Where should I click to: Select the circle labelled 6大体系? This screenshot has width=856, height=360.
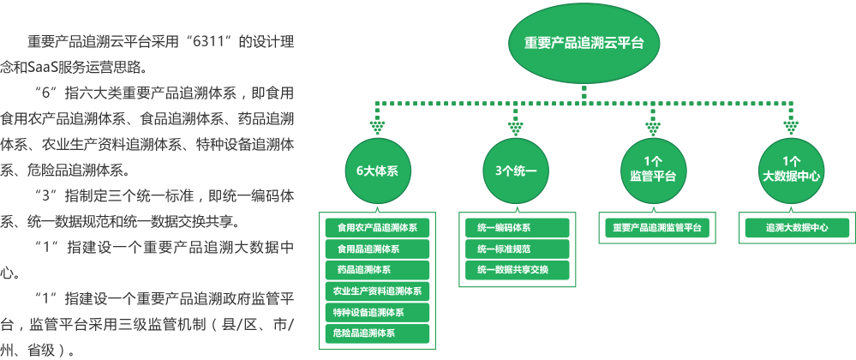pyautogui.click(x=377, y=171)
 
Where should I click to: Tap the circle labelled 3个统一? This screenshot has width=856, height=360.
pyautogui.click(x=515, y=171)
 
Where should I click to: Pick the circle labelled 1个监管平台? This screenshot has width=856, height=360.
pyautogui.click(x=653, y=171)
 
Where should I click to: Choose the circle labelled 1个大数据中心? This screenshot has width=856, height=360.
pyautogui.click(x=791, y=171)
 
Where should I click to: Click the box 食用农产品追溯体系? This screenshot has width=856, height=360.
pyautogui.click(x=377, y=228)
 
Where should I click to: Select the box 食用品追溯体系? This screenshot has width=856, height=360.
pyautogui.click(x=377, y=249)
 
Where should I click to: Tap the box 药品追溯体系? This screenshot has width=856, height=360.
pyautogui.click(x=377, y=270)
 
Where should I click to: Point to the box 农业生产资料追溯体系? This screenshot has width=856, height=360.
pyautogui.click(x=377, y=291)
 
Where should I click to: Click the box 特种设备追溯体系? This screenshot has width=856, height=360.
pyautogui.click(x=377, y=312)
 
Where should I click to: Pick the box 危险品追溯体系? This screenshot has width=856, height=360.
pyautogui.click(x=377, y=333)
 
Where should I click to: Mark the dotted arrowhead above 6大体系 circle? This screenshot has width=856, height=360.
pyautogui.click(x=377, y=128)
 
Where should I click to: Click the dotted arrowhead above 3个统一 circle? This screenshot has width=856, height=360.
pyautogui.click(x=515, y=128)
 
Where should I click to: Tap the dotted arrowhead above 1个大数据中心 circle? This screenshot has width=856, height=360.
pyautogui.click(x=791, y=128)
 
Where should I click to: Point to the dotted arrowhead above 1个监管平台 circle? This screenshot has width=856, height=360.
pyautogui.click(x=653, y=128)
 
